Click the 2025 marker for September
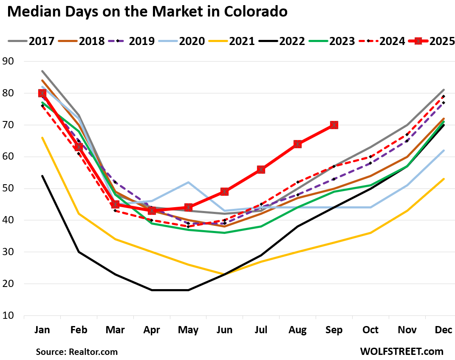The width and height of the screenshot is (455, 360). pos(334,125)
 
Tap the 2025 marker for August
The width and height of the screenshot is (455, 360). pos(297,144)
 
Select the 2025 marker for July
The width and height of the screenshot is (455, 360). pos(261,169)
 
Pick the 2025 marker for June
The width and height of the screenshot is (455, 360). pos(224,191)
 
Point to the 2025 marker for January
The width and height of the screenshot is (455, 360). pos(42,93)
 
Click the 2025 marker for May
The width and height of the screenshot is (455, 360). pos(188,207)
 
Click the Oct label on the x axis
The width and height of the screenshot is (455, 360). pos(370,330)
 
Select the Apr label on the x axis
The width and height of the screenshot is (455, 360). pos(152,330)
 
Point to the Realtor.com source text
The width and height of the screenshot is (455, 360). pos(76,352)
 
